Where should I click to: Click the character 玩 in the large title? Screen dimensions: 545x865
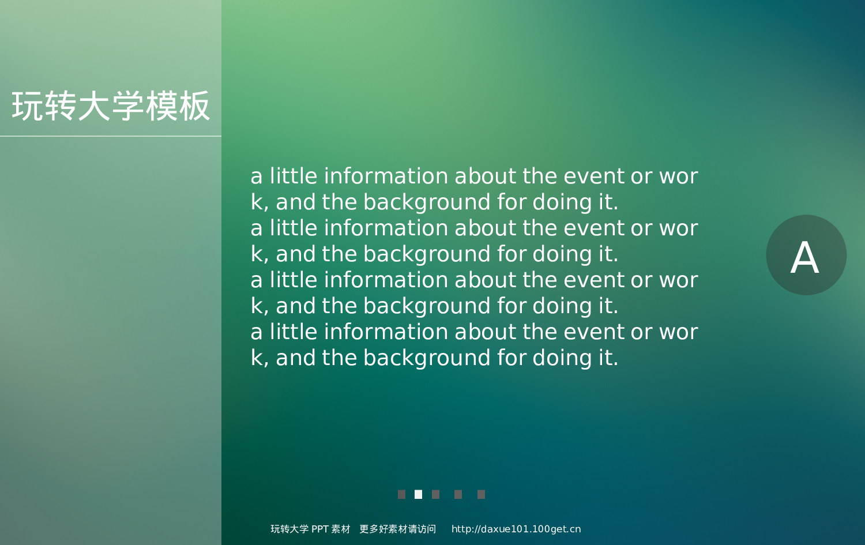(28, 106)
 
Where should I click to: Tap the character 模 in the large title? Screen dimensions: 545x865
(161, 106)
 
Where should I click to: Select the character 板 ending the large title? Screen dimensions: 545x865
(194, 106)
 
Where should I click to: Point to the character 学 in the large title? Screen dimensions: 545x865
(128, 106)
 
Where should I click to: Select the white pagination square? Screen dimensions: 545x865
(418, 494)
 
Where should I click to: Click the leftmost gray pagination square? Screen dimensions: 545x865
(401, 494)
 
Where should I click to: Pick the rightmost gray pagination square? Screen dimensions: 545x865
(481, 494)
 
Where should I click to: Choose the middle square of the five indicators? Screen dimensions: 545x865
(435, 494)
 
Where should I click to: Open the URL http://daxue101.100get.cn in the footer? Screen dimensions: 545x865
(516, 529)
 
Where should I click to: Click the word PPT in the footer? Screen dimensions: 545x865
(319, 529)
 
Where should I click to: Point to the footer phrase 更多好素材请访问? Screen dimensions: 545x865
(397, 529)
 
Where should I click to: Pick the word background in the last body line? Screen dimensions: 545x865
(427, 358)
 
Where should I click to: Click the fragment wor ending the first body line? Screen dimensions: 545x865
(678, 176)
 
